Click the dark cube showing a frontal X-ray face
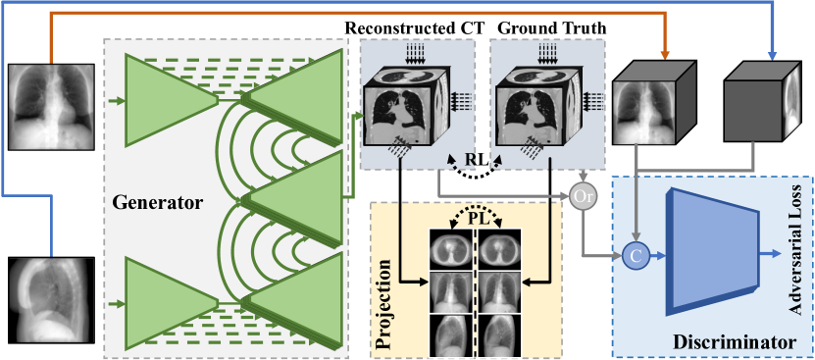[650, 108]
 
